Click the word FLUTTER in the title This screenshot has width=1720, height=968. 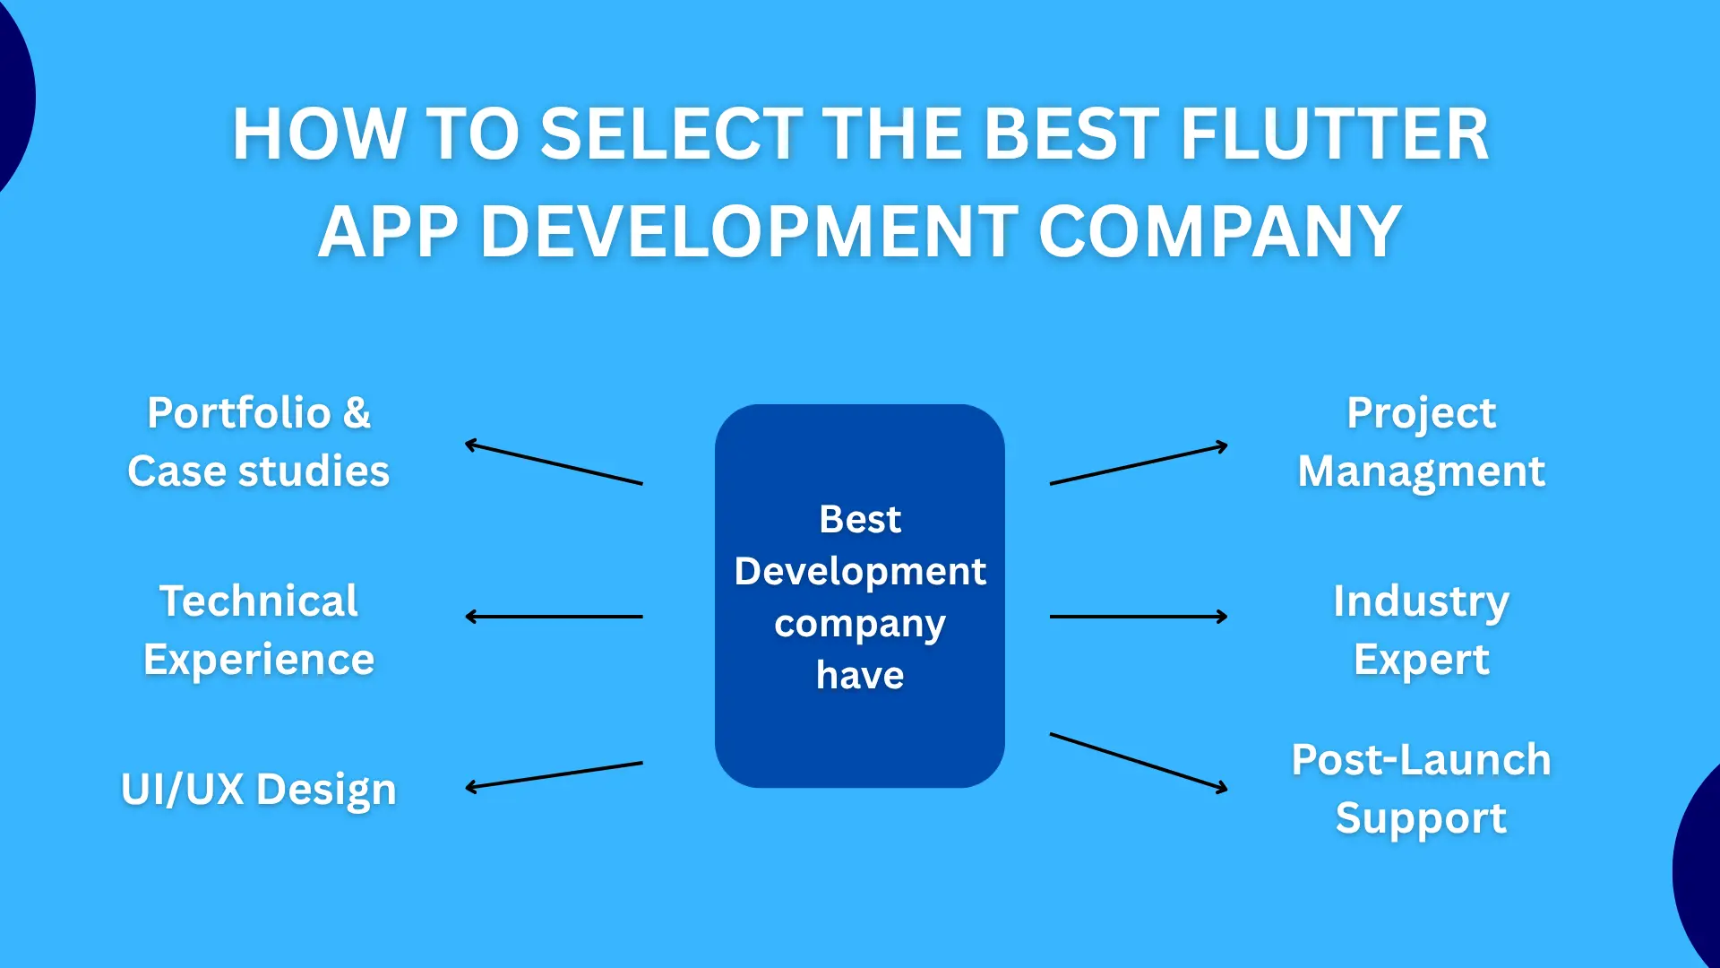coord(1334,134)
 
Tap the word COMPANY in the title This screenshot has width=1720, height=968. coord(1219,232)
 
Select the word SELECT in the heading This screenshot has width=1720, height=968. coord(672,134)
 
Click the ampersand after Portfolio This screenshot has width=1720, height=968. coord(357,413)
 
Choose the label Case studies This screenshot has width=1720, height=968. coord(258,471)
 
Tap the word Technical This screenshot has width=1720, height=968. coord(258,601)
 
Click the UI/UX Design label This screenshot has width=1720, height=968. coord(258,790)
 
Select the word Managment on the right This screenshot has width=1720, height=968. coord(1421,471)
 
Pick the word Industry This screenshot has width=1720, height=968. coord(1421,601)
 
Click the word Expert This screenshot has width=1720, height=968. coord(1421,661)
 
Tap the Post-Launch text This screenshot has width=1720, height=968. coord(1421,760)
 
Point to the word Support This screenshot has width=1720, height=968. coord(1421,818)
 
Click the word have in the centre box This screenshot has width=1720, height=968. coord(860,675)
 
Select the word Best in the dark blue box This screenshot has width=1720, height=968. coord(860,519)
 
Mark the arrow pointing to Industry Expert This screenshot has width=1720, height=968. coord(1138,617)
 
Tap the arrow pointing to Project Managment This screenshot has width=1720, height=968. coord(1138,464)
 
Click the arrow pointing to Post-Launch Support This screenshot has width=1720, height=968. coord(1138,762)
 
